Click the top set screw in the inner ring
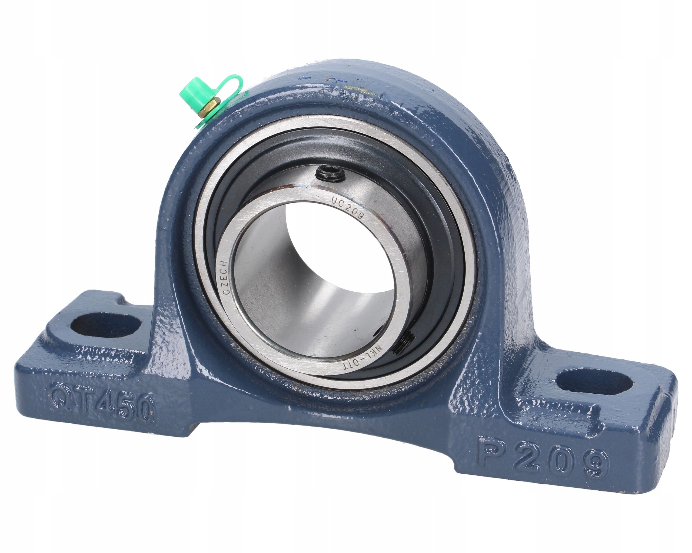click(331, 175)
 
